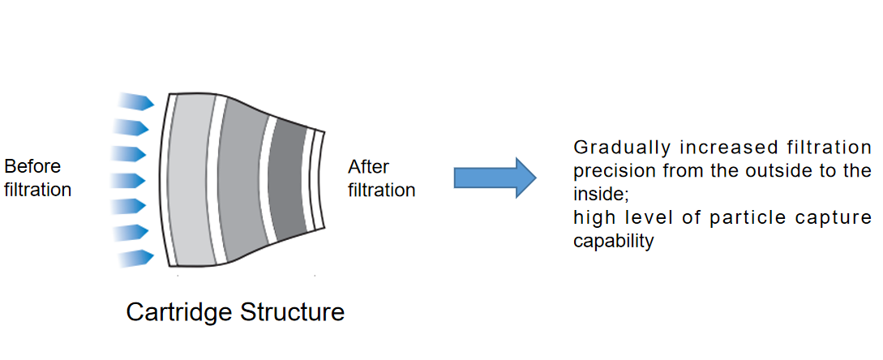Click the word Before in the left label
pyautogui.click(x=32, y=167)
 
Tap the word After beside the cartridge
pyautogui.click(x=369, y=168)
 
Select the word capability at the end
pyautogui.click(x=613, y=242)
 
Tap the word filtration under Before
pyautogui.click(x=38, y=191)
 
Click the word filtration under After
pyautogui.click(x=382, y=191)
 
